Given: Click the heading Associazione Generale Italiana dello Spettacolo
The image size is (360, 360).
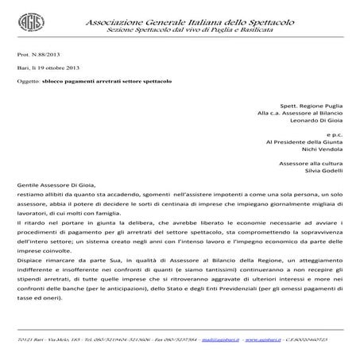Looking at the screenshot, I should (188, 16).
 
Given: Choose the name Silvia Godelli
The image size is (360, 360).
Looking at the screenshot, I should (323, 170).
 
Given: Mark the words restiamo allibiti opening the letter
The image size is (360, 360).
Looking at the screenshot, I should (35, 193).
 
